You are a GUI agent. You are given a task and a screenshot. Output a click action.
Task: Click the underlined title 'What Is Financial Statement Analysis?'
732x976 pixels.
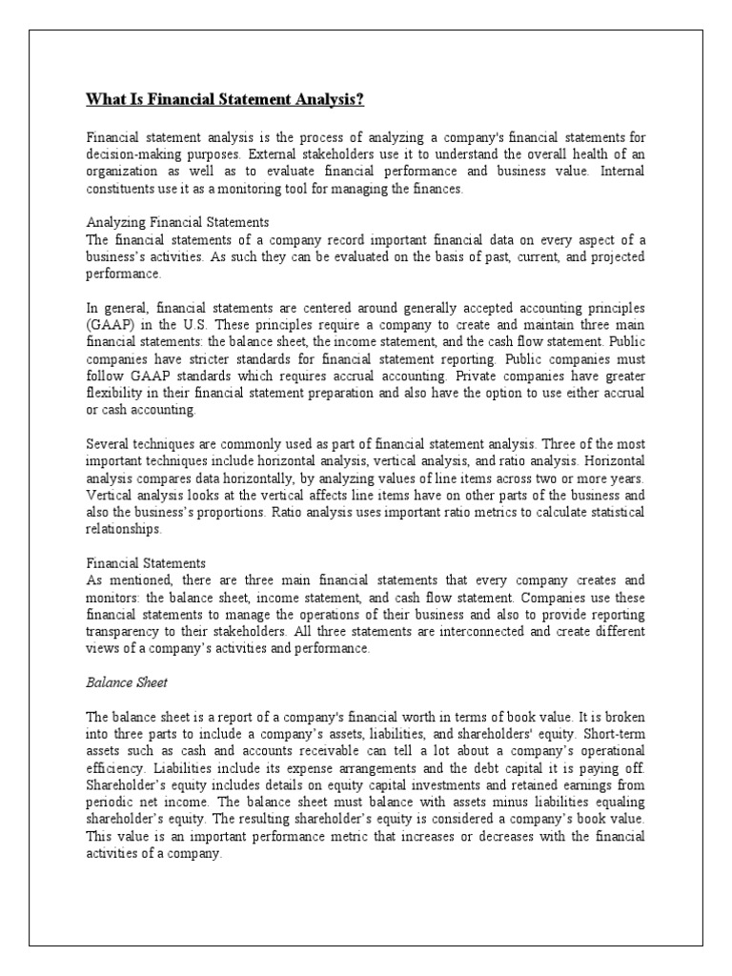click(x=226, y=99)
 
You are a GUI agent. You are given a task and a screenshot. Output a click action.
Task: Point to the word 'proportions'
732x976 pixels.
click(x=214, y=513)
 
